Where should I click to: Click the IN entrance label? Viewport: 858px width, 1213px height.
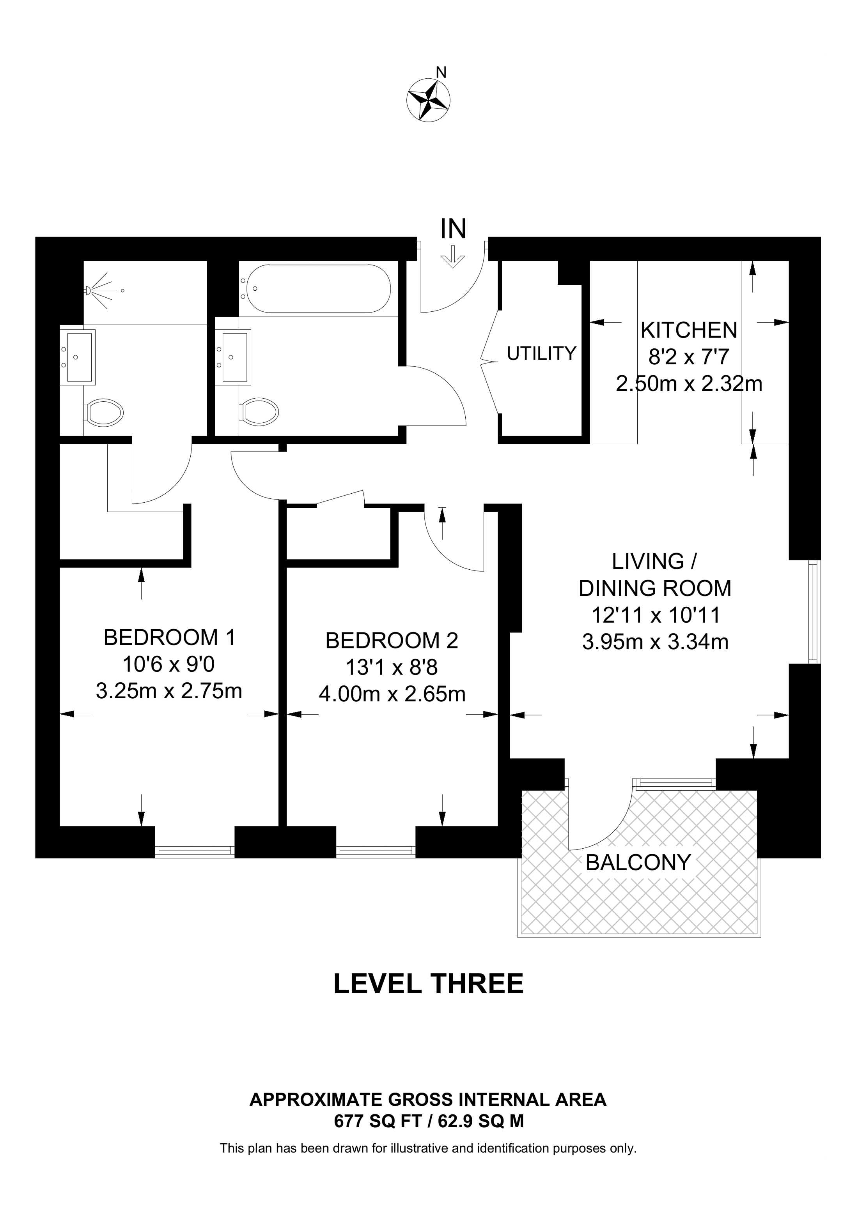pos(454,229)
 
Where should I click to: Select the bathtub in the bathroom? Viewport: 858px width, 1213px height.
pos(315,288)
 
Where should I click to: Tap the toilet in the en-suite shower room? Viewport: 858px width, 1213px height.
pos(104,412)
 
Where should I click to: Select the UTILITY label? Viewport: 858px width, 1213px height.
pos(541,353)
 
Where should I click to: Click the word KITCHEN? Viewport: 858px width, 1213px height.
pos(689,330)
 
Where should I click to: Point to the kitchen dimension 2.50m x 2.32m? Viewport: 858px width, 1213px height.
pos(689,383)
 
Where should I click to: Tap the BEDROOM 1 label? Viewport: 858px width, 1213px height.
pos(169,637)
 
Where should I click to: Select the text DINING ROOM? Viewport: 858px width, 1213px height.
pos(655,588)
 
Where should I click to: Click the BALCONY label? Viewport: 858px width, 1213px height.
pos(638,863)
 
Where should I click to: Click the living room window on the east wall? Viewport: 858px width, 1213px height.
pos(815,611)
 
